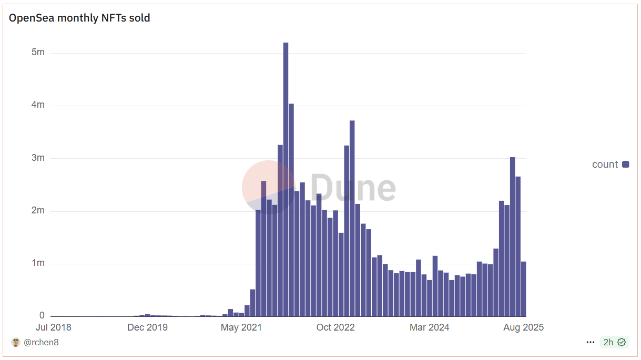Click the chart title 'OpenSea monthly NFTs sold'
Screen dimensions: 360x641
tap(79, 18)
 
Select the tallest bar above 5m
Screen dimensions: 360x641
tap(286, 179)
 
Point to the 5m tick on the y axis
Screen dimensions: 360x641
tap(38, 53)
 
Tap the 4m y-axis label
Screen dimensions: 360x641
tap(38, 105)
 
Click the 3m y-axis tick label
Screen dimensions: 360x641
tap(38, 158)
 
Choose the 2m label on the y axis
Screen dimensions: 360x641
tap(38, 211)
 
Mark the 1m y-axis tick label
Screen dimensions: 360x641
tap(38, 263)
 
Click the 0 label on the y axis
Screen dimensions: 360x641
tap(42, 316)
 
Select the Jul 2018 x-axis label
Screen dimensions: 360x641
tap(53, 327)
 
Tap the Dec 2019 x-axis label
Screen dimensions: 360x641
tap(147, 327)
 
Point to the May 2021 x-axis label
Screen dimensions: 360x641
tap(241, 327)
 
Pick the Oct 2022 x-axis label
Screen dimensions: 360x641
tap(335, 327)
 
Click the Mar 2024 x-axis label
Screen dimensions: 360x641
tap(430, 327)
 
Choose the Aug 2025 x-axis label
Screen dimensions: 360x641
tap(523, 327)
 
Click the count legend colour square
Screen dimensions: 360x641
tap(626, 164)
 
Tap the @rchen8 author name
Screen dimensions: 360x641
tap(41, 343)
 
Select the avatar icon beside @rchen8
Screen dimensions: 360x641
tap(16, 343)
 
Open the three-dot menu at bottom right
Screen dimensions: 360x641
tap(591, 343)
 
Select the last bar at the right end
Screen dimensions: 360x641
tap(524, 289)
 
